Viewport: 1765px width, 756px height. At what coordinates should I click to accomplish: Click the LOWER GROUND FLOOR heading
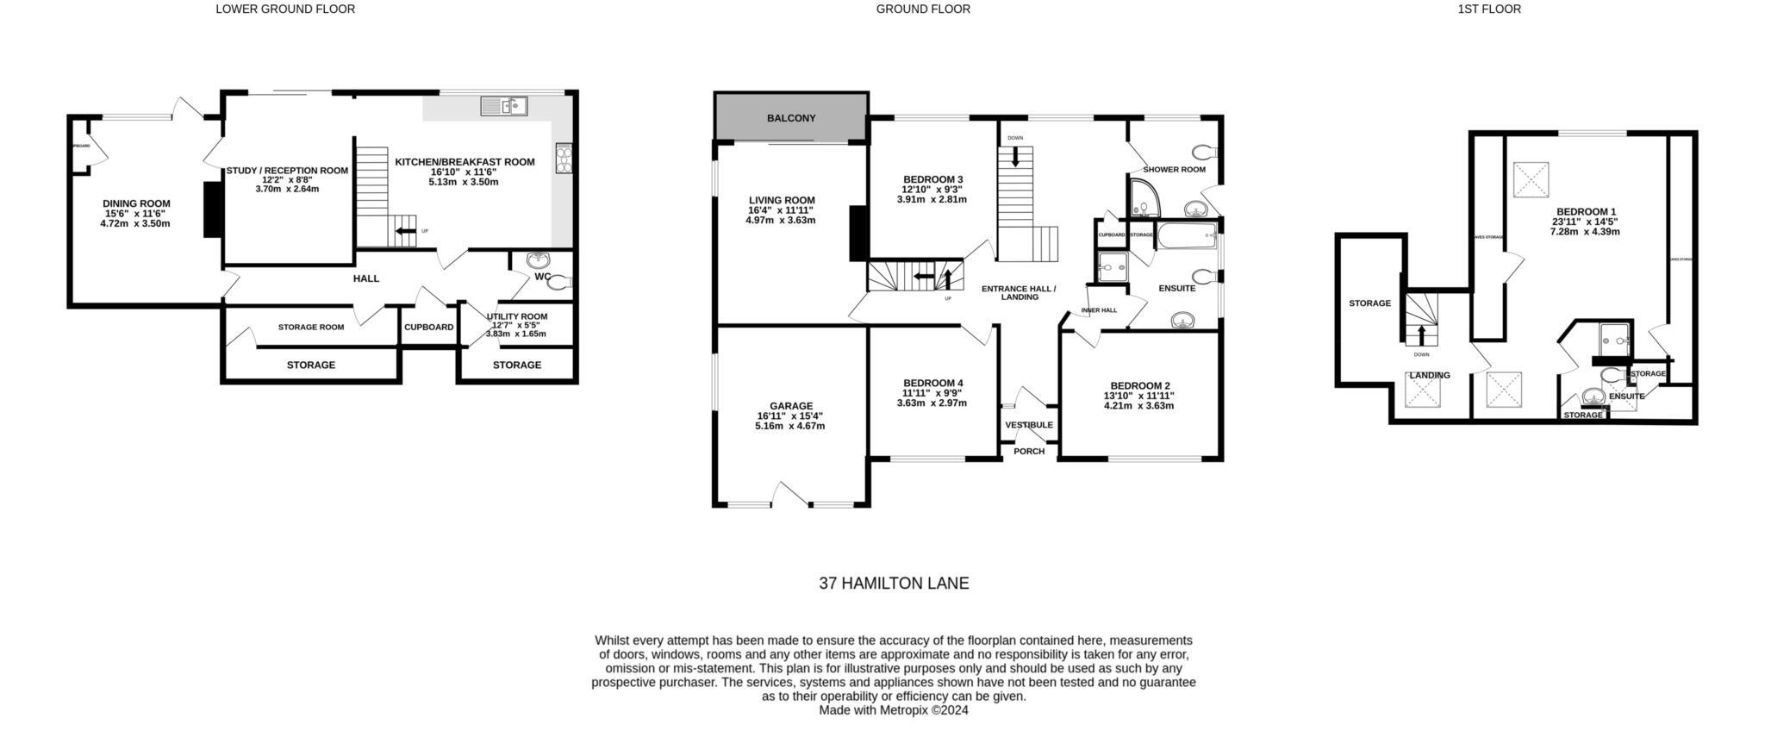pyautogui.click(x=284, y=9)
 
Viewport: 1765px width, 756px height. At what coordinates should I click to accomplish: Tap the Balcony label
pyautogui.click(x=790, y=118)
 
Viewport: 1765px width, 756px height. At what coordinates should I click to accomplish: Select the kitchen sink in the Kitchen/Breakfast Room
pyautogui.click(x=504, y=107)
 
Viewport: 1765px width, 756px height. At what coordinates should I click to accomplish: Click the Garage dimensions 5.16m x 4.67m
pyautogui.click(x=789, y=426)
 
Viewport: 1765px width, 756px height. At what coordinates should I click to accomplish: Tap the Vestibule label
pyautogui.click(x=1028, y=425)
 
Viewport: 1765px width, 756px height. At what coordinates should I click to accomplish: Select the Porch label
pyautogui.click(x=1028, y=452)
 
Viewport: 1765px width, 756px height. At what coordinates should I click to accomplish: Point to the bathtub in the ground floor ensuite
pyautogui.click(x=1186, y=234)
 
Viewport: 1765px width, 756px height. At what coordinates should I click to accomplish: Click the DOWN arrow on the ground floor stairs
pyautogui.click(x=1014, y=157)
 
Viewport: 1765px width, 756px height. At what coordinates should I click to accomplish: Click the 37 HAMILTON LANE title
pyautogui.click(x=893, y=584)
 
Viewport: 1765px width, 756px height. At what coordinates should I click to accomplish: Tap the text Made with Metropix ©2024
pyautogui.click(x=893, y=710)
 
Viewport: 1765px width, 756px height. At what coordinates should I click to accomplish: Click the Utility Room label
pyautogui.click(x=516, y=316)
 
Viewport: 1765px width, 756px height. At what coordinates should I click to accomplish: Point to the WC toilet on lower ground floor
pyautogui.click(x=560, y=282)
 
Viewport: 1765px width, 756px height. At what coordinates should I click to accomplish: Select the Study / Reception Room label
pyautogui.click(x=287, y=171)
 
